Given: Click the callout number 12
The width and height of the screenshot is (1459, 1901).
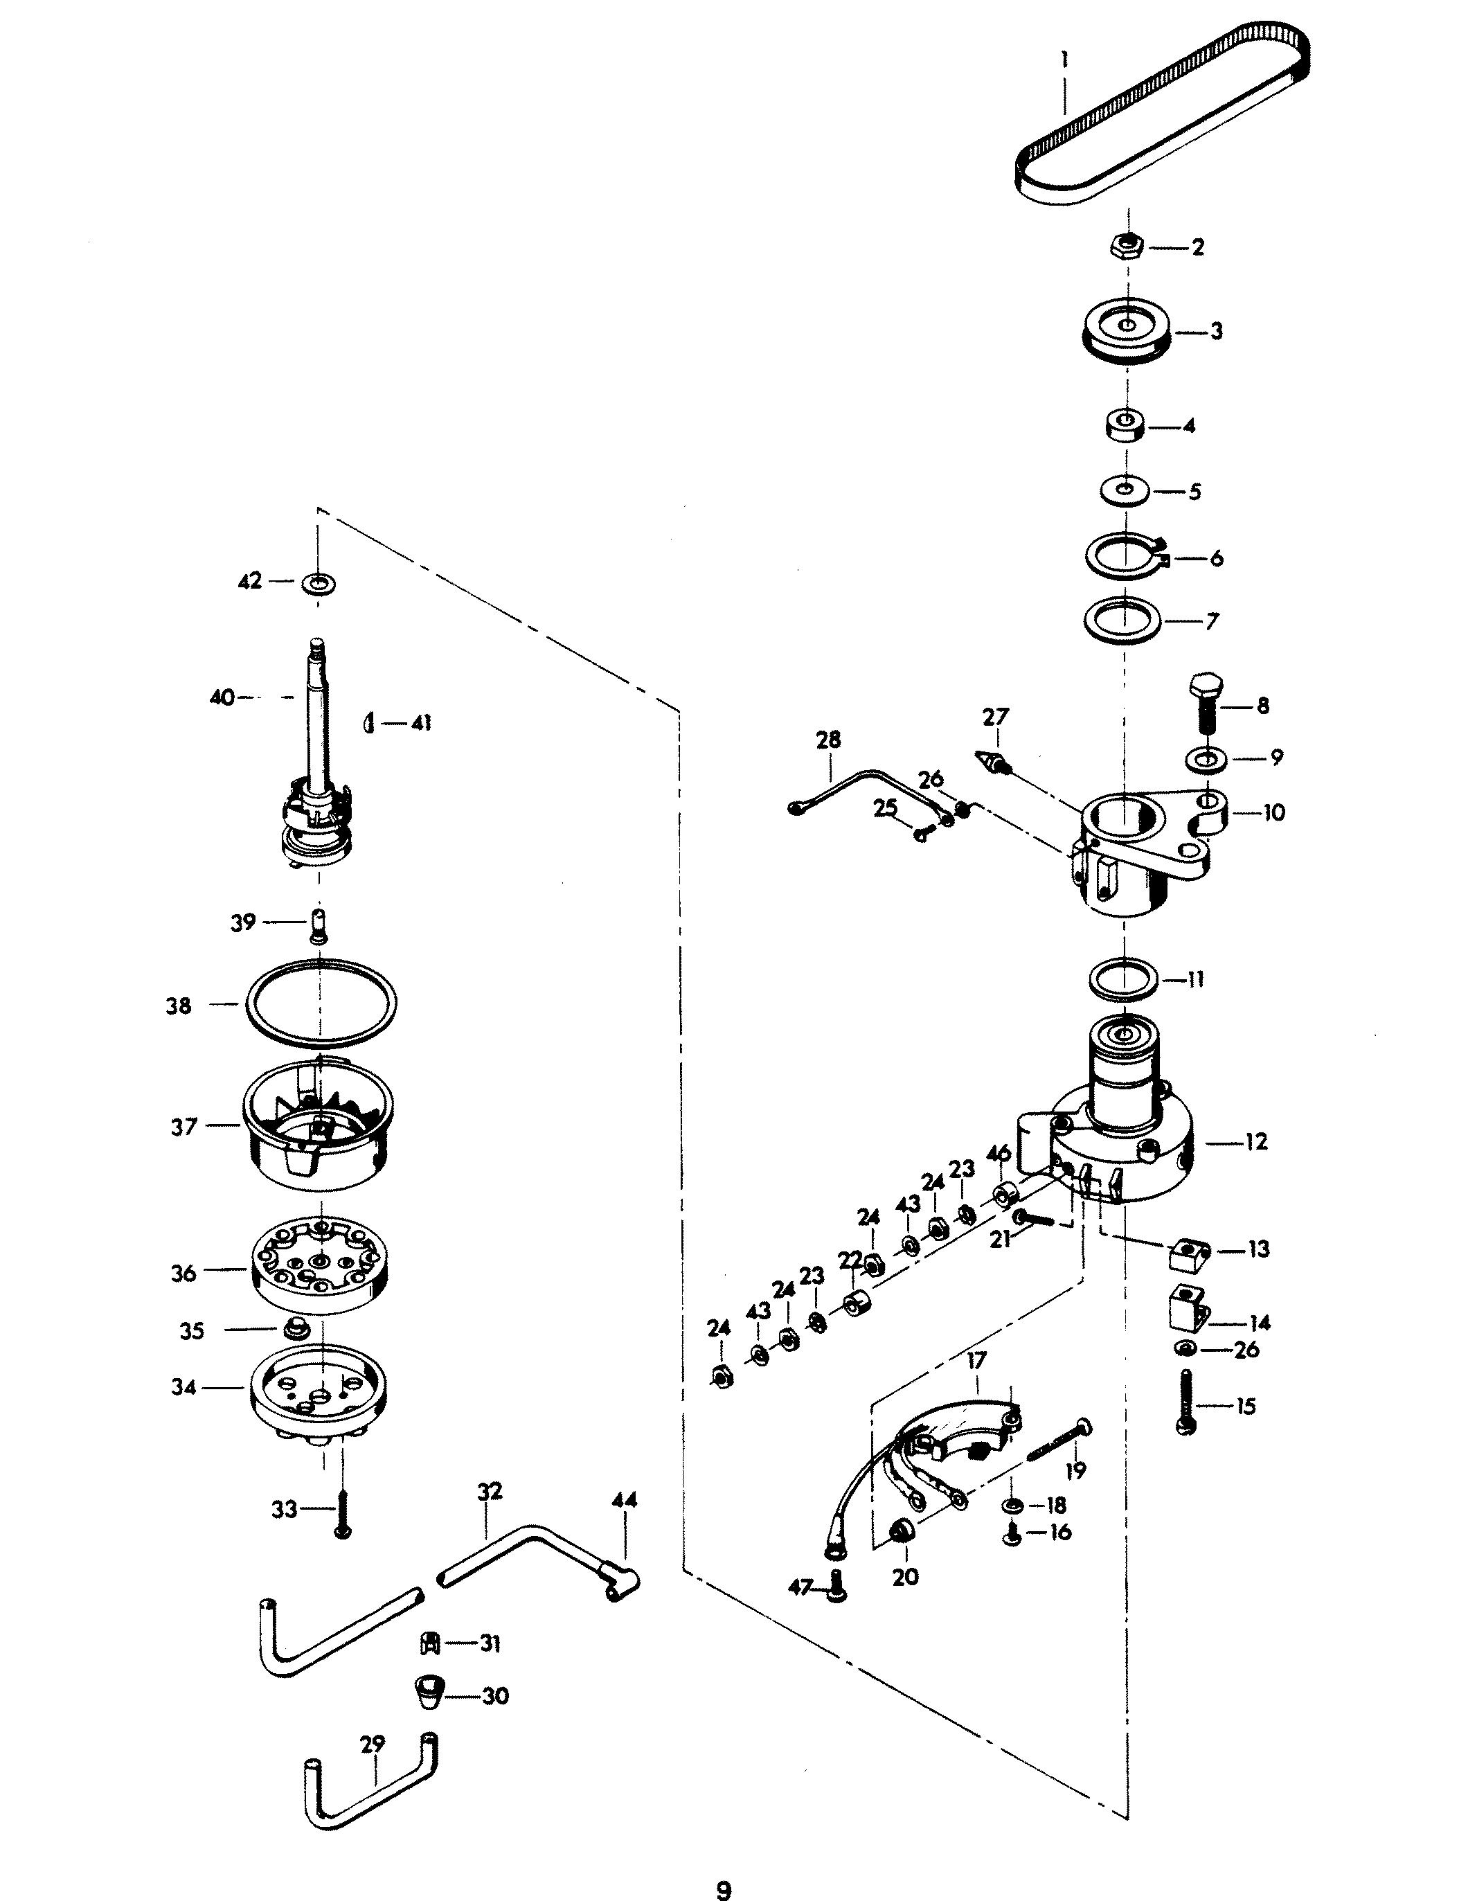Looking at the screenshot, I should click(1256, 1141).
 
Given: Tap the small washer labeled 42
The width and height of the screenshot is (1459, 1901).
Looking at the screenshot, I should click(318, 582).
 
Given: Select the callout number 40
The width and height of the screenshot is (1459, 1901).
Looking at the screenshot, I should click(222, 697).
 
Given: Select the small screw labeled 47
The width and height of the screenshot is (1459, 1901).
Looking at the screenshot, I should click(836, 1587).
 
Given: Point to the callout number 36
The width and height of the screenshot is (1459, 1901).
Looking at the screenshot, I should click(184, 1273).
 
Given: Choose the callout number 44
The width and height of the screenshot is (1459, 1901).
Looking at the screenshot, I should click(623, 1500).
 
